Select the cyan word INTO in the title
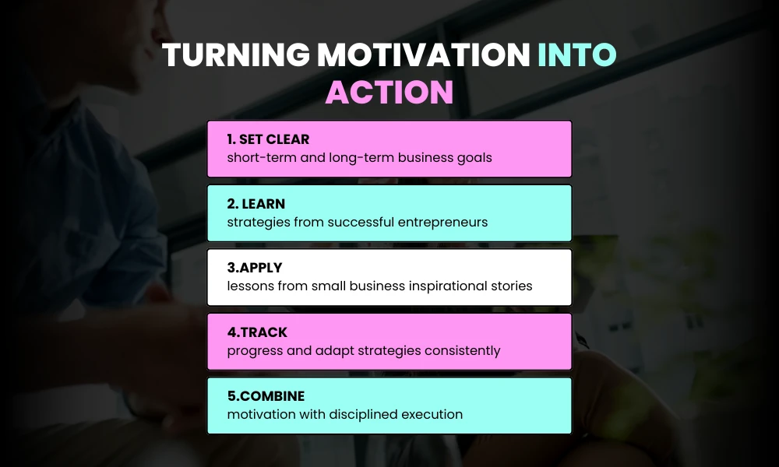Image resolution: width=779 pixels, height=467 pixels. coord(577,55)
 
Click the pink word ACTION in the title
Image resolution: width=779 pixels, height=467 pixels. coord(389,93)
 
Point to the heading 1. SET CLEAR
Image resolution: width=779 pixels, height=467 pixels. coord(268,139)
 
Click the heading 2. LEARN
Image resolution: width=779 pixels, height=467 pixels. coord(256,204)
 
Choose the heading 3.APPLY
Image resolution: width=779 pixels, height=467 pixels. coord(255,268)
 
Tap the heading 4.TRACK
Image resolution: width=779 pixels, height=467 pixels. coord(257,332)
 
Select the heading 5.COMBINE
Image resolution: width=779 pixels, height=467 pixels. coord(266,397)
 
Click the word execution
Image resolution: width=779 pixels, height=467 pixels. coord(432,414)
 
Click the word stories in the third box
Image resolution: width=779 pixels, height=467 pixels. coord(513,286)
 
